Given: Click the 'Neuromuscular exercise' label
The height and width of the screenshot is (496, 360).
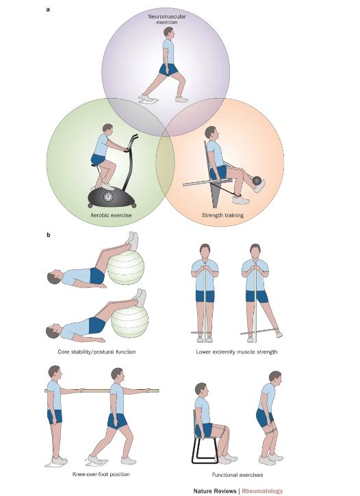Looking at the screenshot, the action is pyautogui.click(x=166, y=19).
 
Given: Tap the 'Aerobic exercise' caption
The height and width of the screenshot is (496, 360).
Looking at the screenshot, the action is pyautogui.click(x=111, y=215).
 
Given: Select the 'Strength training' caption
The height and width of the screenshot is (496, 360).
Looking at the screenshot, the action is pyautogui.click(x=222, y=215).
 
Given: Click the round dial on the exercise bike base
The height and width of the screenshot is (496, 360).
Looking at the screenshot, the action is pyautogui.click(x=108, y=197).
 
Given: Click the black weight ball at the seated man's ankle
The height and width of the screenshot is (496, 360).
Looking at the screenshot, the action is pyautogui.click(x=257, y=181).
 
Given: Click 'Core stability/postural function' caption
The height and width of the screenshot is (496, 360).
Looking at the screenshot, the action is pyautogui.click(x=97, y=351).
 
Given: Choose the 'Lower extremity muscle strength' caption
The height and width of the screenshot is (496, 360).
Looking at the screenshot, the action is pyautogui.click(x=236, y=351).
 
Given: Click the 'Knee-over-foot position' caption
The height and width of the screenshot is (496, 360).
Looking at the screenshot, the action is pyautogui.click(x=101, y=474).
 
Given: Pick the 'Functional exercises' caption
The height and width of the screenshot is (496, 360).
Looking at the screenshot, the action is pyautogui.click(x=237, y=475).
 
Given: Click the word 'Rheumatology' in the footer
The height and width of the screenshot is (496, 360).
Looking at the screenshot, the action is pyautogui.click(x=262, y=491).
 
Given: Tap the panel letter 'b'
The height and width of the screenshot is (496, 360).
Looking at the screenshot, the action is pyautogui.click(x=49, y=235).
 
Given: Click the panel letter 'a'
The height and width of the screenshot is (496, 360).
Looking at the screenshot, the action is pyautogui.click(x=48, y=10).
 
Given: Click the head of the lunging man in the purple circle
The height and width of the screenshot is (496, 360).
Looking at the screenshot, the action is pyautogui.click(x=168, y=32).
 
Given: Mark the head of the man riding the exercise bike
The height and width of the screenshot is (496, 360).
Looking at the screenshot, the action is pyautogui.click(x=107, y=129).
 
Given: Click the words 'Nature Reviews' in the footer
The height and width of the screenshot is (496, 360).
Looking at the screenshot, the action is pyautogui.click(x=215, y=491).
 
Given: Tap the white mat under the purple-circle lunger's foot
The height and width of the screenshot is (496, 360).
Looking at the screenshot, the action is pyautogui.click(x=149, y=101).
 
